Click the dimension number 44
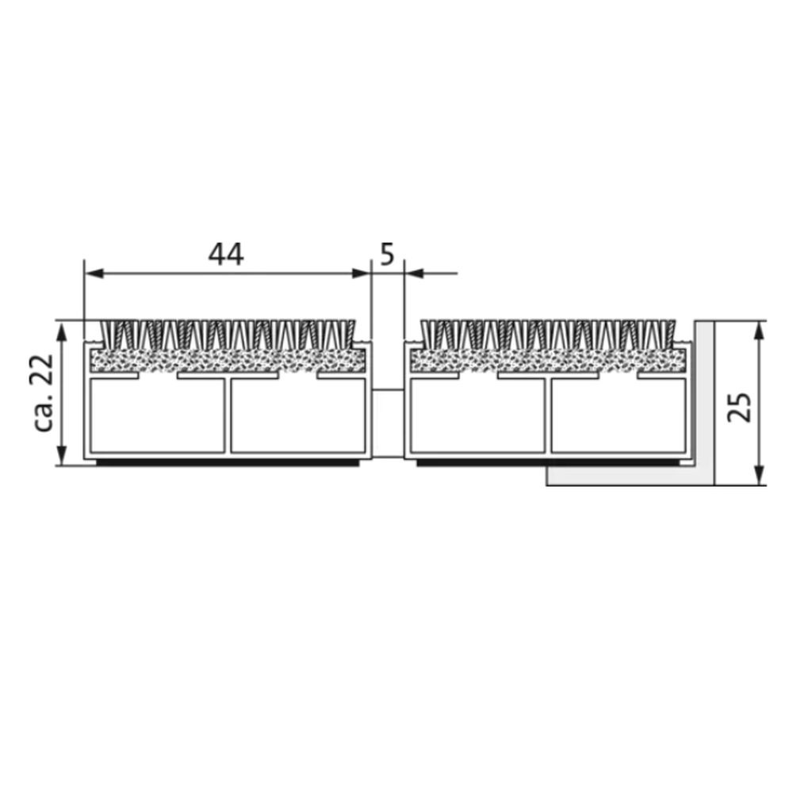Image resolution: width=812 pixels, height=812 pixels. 226,255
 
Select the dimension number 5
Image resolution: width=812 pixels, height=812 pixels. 387,255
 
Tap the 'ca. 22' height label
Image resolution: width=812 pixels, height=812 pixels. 44,393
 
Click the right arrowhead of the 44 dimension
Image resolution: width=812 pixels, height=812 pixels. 362,274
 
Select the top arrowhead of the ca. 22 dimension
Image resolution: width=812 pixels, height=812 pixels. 62,333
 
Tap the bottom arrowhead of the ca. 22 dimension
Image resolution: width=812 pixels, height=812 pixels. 62,456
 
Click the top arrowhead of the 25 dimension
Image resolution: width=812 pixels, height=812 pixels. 759,331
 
